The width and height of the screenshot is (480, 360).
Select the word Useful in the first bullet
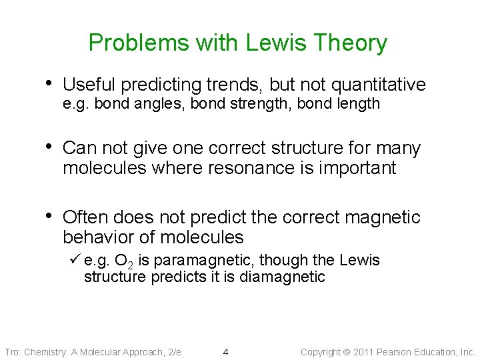[x=89, y=85]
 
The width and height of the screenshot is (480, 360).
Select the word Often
[x=85, y=217]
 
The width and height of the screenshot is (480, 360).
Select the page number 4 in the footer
[x=225, y=352]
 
